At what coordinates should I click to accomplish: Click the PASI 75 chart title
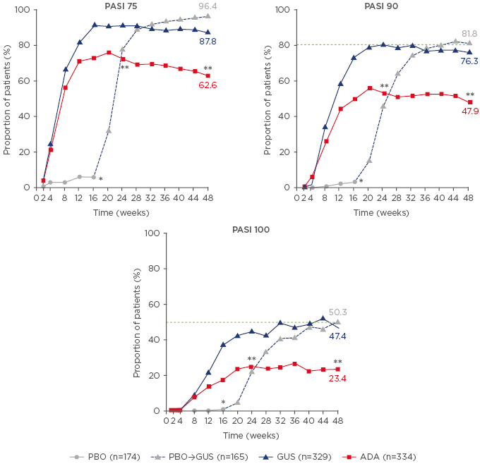[116, 6]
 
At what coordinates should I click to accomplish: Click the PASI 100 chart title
[251, 229]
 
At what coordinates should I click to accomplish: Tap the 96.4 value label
[208, 6]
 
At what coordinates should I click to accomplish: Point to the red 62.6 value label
[207, 85]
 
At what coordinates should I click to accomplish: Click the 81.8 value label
[470, 33]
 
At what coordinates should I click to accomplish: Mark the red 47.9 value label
[470, 111]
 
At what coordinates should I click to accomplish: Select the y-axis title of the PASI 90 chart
[268, 99]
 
